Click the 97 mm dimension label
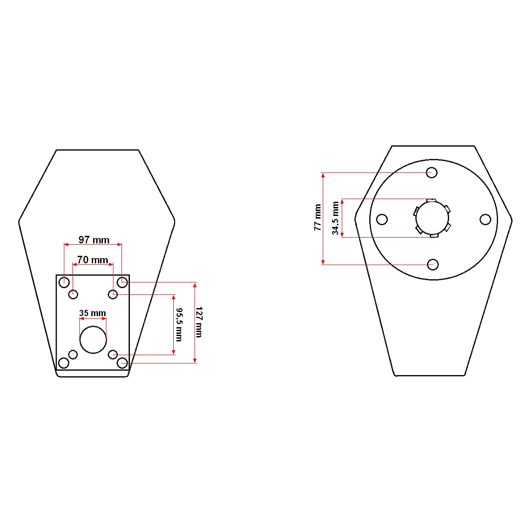pos(94,240)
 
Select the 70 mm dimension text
pos(93,260)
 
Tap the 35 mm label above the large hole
pos(93,313)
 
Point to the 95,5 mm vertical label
pos(179,325)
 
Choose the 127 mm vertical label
pos(199,322)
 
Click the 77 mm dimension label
pos(318,217)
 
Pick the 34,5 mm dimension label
pos(335,218)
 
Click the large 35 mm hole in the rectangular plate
pos(93,340)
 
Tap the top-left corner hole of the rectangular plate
pos(64,282)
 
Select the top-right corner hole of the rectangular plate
pos(122,282)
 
